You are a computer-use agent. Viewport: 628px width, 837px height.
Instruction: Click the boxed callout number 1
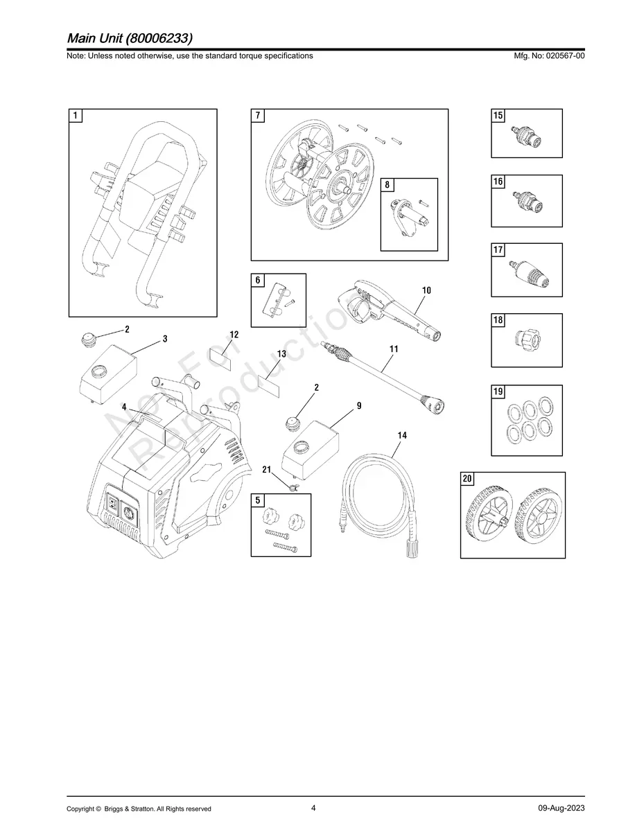click(76, 116)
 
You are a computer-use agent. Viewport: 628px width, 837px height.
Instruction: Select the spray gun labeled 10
click(388, 310)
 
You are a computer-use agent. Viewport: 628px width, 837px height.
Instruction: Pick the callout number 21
click(266, 470)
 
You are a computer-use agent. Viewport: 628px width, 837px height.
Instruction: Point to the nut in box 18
click(526, 340)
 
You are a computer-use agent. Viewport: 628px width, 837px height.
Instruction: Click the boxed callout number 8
click(387, 185)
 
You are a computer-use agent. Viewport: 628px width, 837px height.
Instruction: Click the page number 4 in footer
click(313, 808)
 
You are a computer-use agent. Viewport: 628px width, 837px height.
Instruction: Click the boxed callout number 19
click(498, 392)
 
